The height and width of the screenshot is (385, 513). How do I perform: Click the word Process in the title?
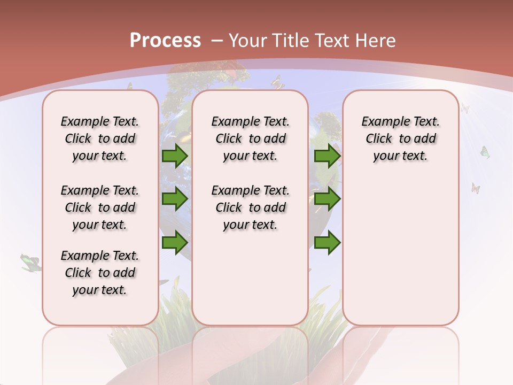tap(165, 40)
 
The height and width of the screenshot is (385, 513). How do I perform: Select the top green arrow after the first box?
tap(175, 156)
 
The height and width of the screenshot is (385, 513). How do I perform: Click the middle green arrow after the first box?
tap(175, 199)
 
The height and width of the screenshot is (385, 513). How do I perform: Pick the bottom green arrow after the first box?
tap(175, 243)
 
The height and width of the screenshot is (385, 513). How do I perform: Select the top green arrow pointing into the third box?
tap(327, 156)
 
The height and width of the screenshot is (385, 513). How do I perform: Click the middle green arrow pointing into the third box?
tap(327, 199)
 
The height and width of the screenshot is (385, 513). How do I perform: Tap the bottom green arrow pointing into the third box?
tap(327, 243)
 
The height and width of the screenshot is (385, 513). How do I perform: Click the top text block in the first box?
tap(100, 138)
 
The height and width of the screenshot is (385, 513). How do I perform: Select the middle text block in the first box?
tap(100, 207)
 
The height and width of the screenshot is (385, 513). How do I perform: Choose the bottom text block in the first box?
tap(100, 273)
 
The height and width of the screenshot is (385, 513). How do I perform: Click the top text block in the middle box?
tap(250, 138)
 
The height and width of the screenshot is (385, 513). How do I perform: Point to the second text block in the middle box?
tap(250, 207)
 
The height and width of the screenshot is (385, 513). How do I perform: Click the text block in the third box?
tap(400, 138)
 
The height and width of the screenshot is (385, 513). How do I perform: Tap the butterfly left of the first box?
tap(30, 262)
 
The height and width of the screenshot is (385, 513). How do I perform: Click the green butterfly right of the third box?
tap(485, 152)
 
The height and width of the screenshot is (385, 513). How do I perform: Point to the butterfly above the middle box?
tap(277, 83)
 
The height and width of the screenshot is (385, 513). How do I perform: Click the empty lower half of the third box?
tap(400, 257)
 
